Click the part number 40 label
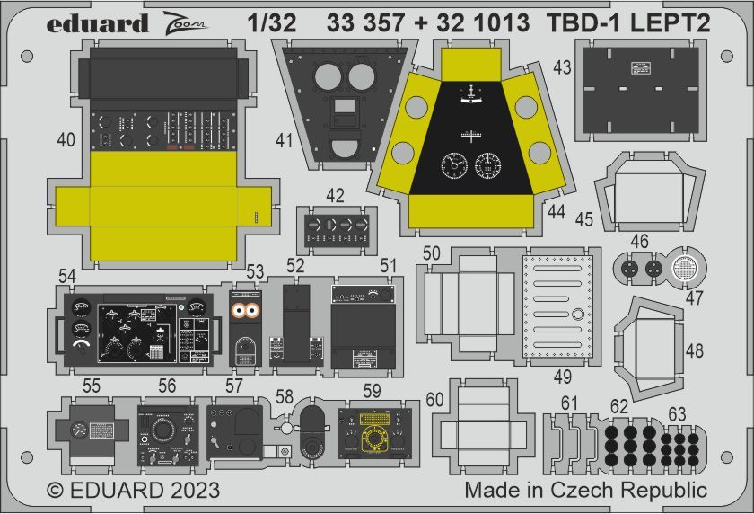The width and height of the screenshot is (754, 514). point(66,140)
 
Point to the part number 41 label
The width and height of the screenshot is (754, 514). point(285,140)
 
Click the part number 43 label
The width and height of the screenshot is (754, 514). point(562,67)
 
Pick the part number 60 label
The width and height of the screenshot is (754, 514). point(434,401)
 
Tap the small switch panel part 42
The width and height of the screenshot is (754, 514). point(336,226)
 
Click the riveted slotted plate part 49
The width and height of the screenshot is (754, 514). point(562,305)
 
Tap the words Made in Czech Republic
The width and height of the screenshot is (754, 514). point(585,491)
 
